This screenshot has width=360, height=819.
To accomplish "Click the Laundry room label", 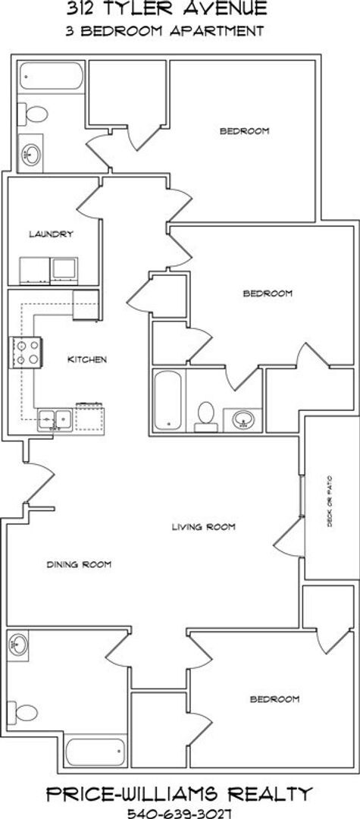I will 51,234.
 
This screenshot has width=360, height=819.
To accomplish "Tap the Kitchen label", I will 87,359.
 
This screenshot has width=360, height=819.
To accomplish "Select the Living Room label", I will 204,526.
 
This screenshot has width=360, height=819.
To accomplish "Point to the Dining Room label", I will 79,564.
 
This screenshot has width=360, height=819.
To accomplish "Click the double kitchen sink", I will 55,418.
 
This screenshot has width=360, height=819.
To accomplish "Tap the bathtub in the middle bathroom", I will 167,399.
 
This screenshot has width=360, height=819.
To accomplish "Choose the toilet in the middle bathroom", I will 205,415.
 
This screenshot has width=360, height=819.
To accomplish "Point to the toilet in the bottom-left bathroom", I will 27,711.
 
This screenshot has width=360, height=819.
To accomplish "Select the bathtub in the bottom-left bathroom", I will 92,753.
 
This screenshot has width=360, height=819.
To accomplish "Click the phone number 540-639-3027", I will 179,810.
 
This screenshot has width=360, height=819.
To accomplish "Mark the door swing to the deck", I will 288,539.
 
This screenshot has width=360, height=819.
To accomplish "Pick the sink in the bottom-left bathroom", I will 20,646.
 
